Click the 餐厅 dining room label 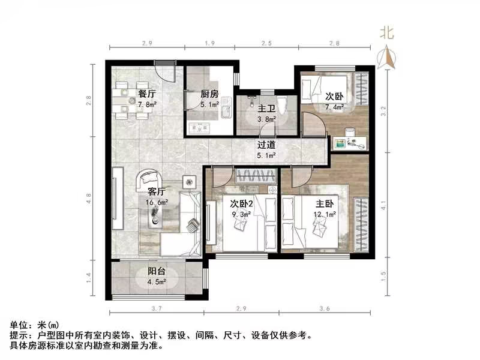click(147, 94)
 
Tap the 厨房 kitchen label click(209, 94)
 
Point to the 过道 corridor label click(266, 145)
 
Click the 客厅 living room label click(157, 193)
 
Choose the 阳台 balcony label click(157, 271)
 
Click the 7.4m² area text click(335, 108)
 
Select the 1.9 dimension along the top click(210, 44)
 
